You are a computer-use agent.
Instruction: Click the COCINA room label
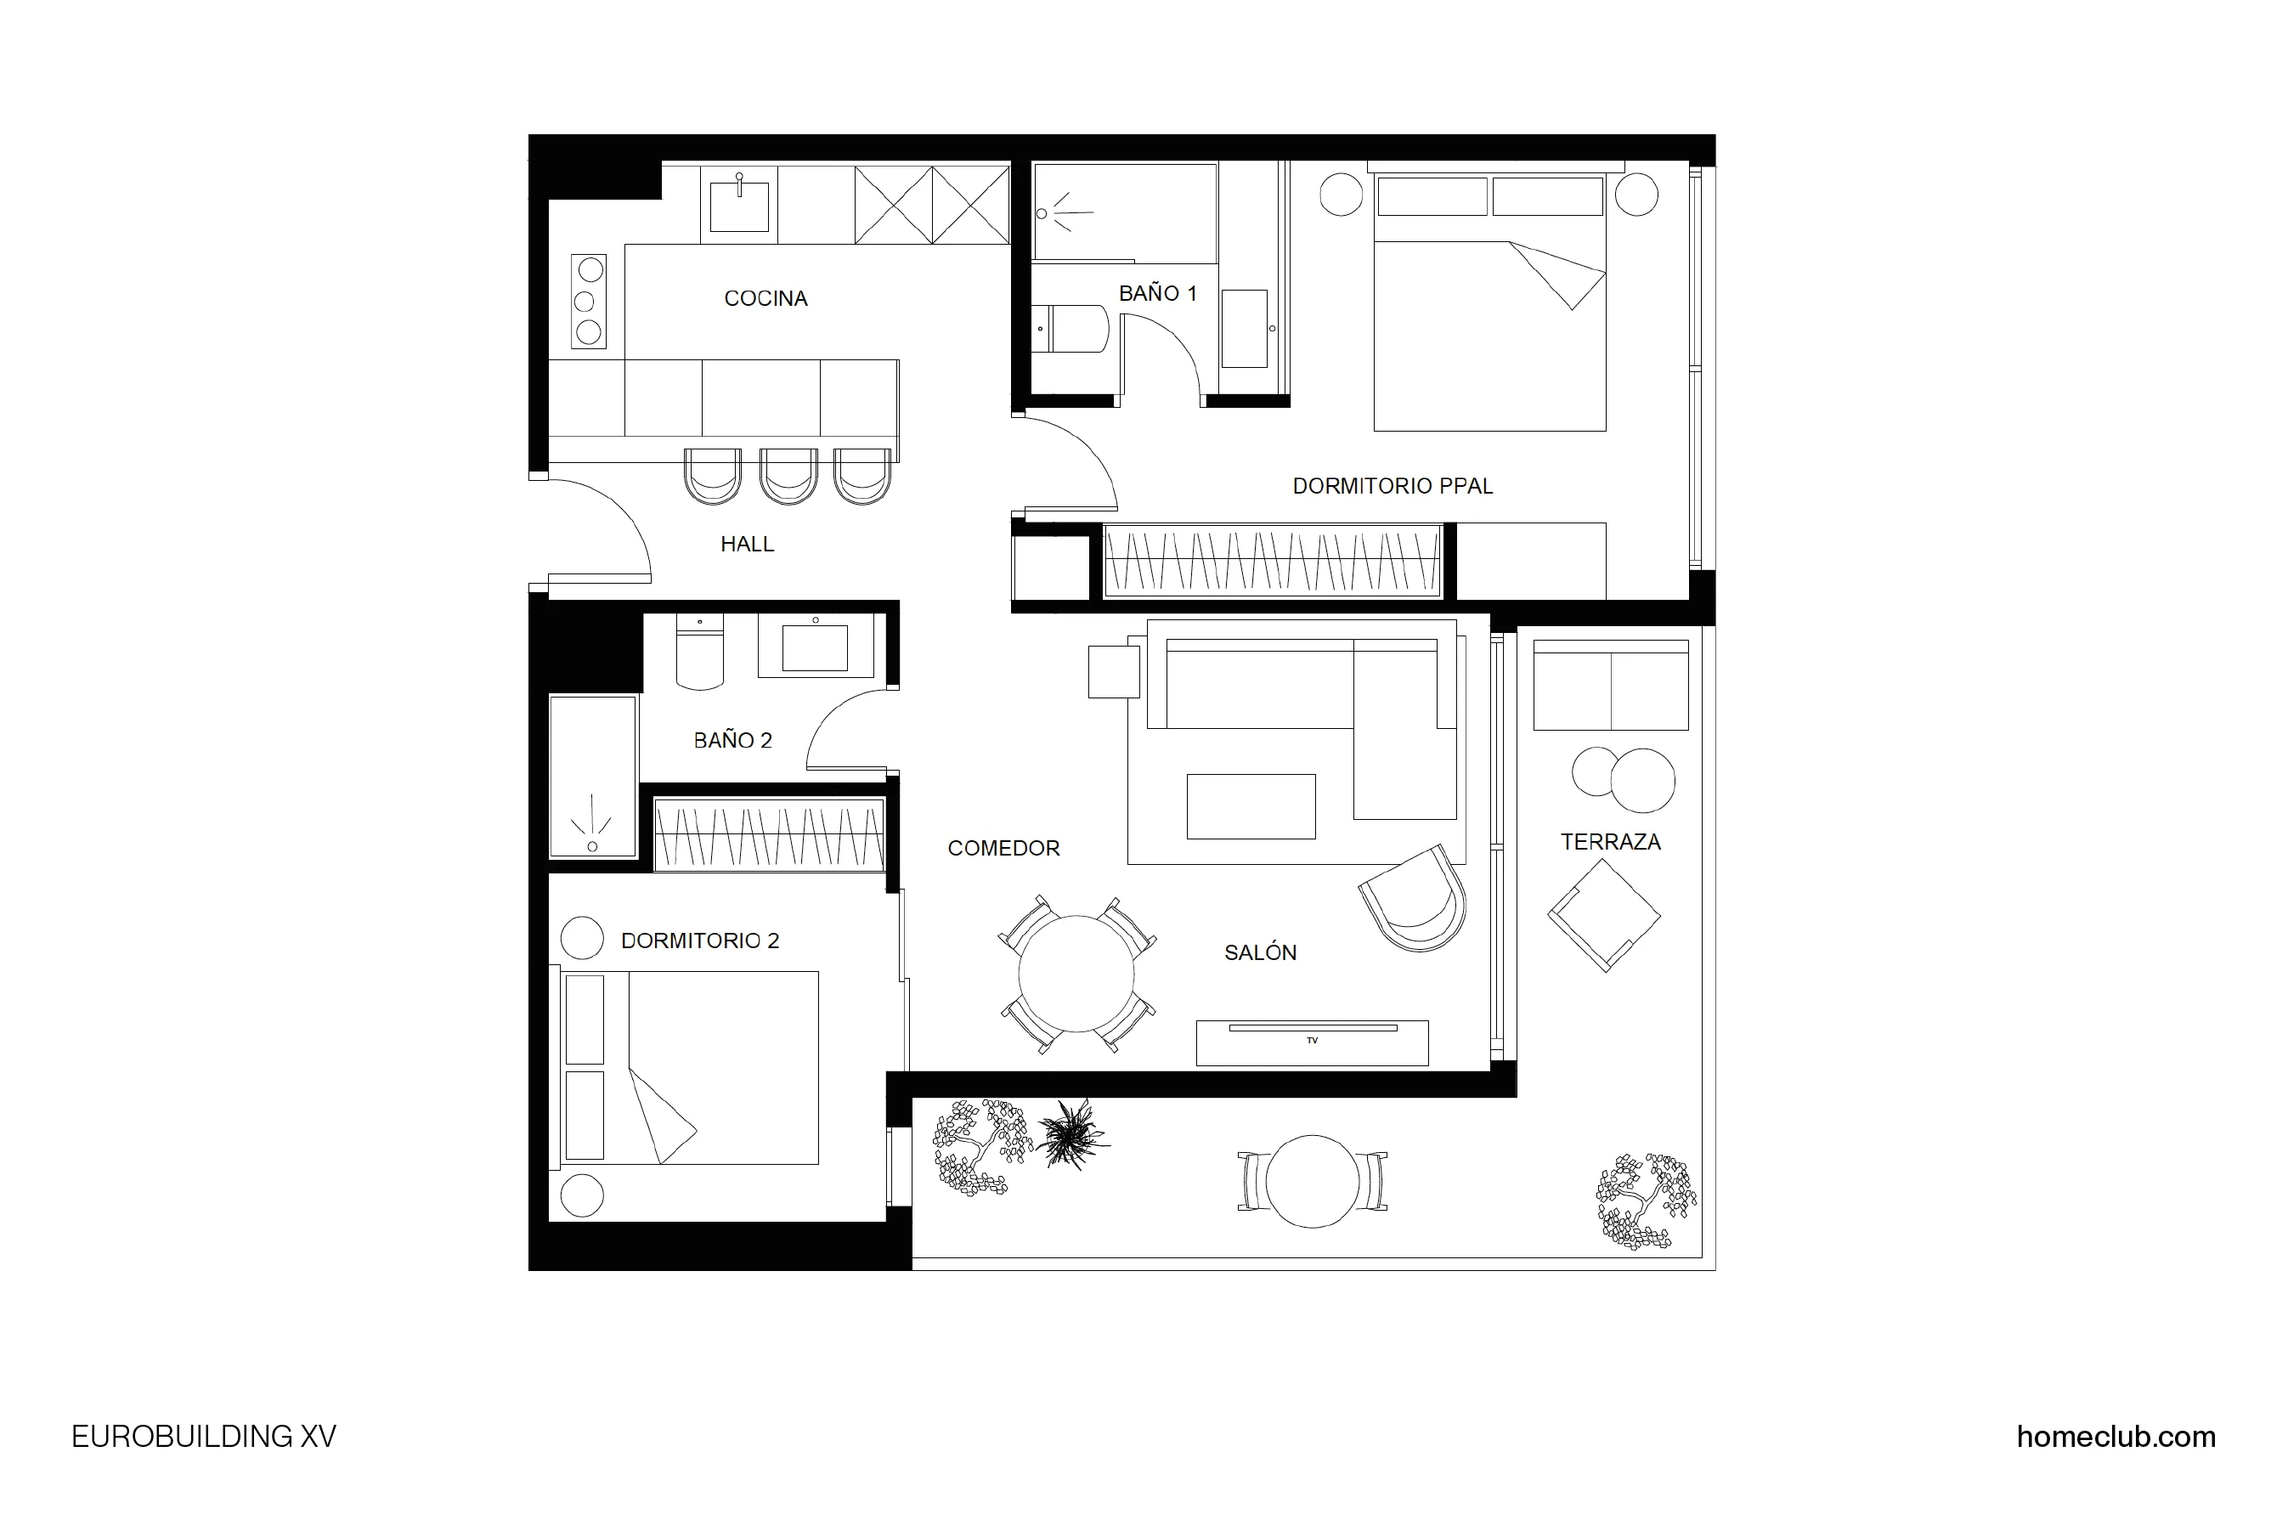(765, 298)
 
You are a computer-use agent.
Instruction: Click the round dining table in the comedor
(1076, 974)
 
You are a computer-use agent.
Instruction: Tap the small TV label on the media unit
(1311, 1041)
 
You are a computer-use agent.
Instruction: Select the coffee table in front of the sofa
(1251, 806)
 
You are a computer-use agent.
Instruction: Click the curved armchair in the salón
(1415, 899)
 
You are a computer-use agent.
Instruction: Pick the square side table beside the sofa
(1113, 671)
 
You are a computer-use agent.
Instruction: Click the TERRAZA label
(1611, 842)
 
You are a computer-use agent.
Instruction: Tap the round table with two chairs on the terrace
(1312, 1181)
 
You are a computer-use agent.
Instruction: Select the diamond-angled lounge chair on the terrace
(1604, 914)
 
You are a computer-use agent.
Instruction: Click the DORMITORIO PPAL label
(1393, 487)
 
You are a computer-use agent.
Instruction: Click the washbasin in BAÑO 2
(814, 647)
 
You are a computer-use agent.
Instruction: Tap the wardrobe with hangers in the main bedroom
(1272, 561)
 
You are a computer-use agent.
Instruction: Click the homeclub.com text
(2116, 1437)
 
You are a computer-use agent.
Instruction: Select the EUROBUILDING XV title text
(204, 1437)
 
